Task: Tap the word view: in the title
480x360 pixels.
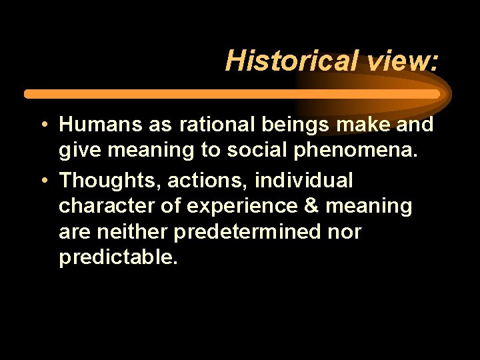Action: [x=402, y=60]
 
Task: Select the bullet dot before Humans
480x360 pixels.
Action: [x=41, y=125]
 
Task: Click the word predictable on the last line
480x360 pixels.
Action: [x=118, y=257]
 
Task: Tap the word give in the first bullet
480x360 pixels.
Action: [x=79, y=151]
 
